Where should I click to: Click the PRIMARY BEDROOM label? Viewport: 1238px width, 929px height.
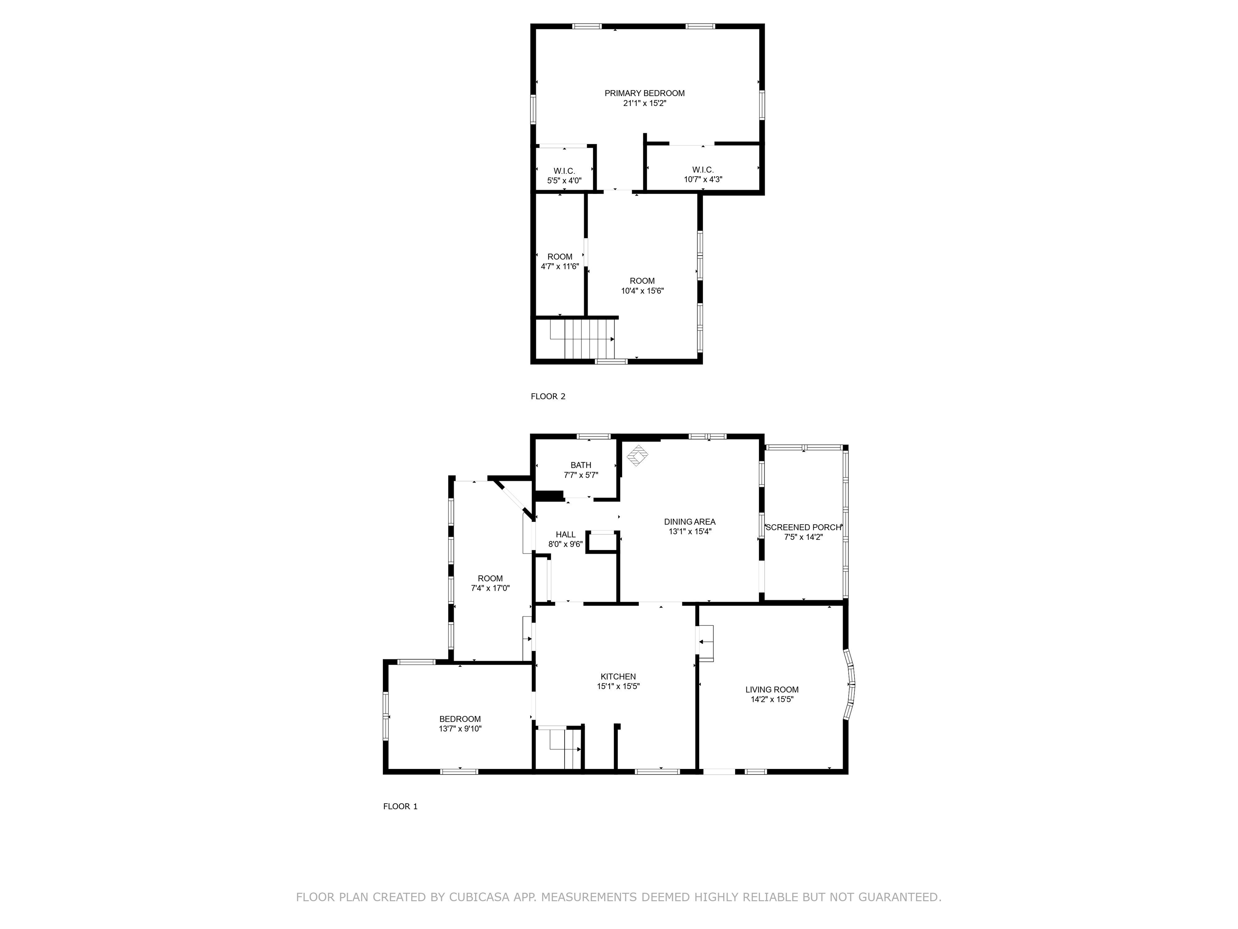(644, 93)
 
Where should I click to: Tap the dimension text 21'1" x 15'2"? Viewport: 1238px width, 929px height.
(644, 104)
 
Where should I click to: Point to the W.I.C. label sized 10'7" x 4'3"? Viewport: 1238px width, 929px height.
(702, 170)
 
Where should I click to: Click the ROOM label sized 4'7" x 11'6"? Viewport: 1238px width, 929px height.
(560, 257)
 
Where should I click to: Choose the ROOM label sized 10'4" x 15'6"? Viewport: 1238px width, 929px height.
(642, 281)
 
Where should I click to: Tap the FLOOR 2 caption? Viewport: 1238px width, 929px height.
(548, 396)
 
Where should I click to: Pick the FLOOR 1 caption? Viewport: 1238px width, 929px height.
(400, 806)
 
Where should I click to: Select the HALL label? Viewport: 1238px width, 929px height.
(565, 535)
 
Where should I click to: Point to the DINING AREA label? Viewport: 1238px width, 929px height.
(690, 522)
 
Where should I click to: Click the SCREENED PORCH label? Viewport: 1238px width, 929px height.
(803, 527)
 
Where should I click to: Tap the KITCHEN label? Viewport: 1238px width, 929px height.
(618, 677)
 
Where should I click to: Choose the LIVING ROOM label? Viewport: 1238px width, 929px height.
(772, 690)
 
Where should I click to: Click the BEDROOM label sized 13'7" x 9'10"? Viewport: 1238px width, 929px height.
(459, 719)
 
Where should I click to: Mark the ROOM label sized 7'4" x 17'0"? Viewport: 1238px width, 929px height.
(490, 579)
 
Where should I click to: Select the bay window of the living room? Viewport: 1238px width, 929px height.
(850, 684)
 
